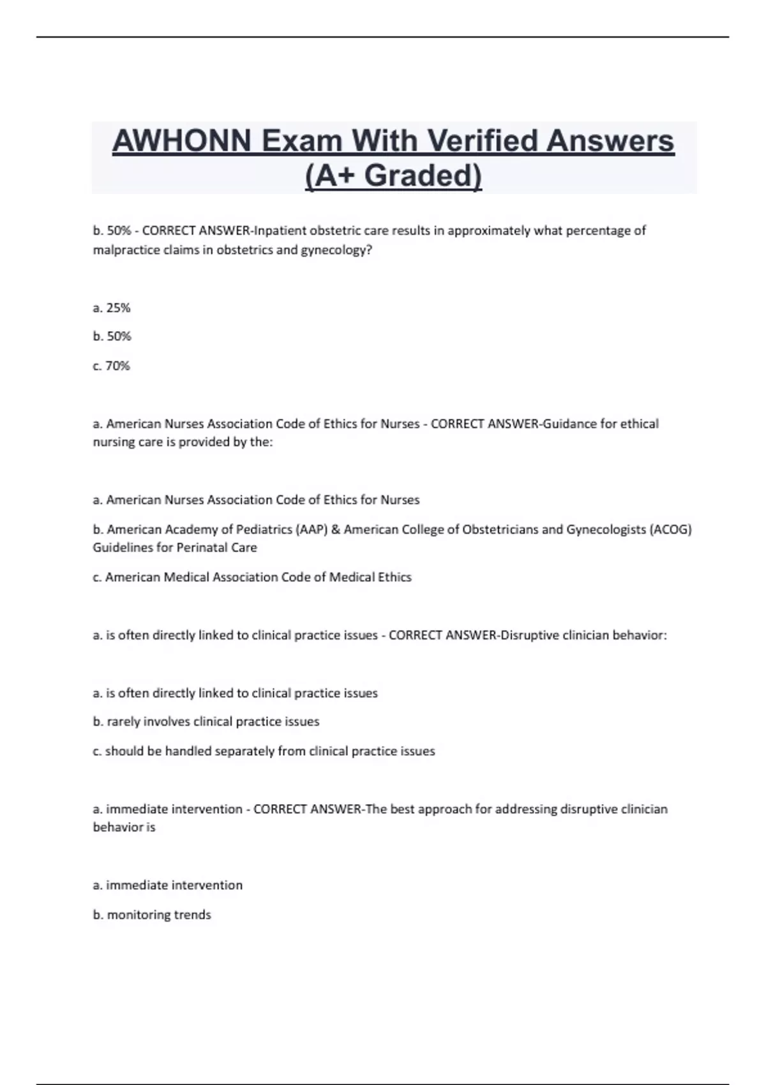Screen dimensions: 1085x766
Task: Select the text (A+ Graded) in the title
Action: click(x=394, y=176)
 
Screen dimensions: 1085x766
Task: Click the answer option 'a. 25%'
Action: click(x=112, y=308)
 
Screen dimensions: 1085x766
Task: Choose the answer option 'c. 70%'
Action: click(x=112, y=366)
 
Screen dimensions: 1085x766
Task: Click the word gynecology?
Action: click(x=339, y=250)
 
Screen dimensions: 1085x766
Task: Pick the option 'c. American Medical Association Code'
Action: click(x=252, y=577)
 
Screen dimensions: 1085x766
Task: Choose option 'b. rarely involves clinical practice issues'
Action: click(x=206, y=722)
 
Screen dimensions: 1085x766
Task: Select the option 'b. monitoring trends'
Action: click(x=152, y=915)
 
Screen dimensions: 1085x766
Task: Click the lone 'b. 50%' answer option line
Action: click(x=112, y=336)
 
